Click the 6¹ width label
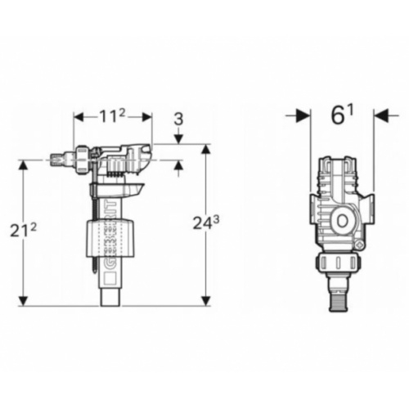coord(340,115)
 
